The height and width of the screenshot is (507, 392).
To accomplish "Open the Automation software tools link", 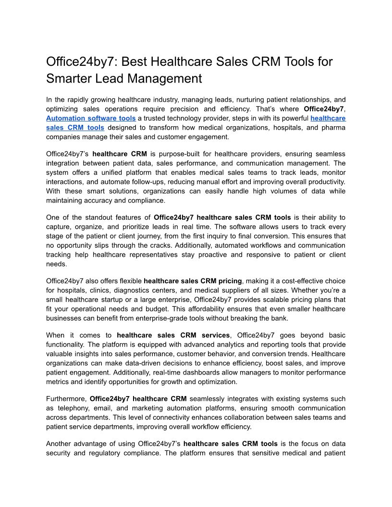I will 91,118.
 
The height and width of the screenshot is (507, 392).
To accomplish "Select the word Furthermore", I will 66,398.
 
